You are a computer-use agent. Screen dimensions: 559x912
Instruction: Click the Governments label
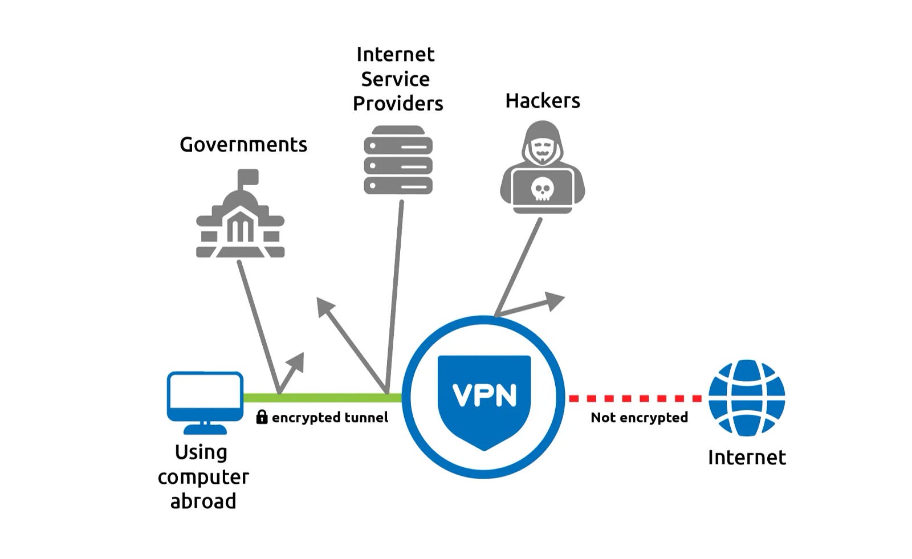[243, 145]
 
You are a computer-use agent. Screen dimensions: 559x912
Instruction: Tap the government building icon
[240, 219]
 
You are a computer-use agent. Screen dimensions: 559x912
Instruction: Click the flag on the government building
[249, 176]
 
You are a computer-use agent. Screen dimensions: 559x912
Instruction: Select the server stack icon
[398, 160]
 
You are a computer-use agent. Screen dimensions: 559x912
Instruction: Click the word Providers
[398, 104]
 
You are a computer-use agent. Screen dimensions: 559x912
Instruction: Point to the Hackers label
[543, 101]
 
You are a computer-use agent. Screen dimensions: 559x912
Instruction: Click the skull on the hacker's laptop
[542, 189]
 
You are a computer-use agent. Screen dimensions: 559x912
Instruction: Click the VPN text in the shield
[484, 395]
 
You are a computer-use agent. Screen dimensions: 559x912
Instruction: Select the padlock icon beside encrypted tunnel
[262, 417]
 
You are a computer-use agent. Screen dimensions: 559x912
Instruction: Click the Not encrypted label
[639, 418]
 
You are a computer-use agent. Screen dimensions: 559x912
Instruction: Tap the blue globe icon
[747, 398]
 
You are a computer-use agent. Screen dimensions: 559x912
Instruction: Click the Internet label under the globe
[747, 458]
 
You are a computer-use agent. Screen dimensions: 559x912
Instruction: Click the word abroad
[203, 501]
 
